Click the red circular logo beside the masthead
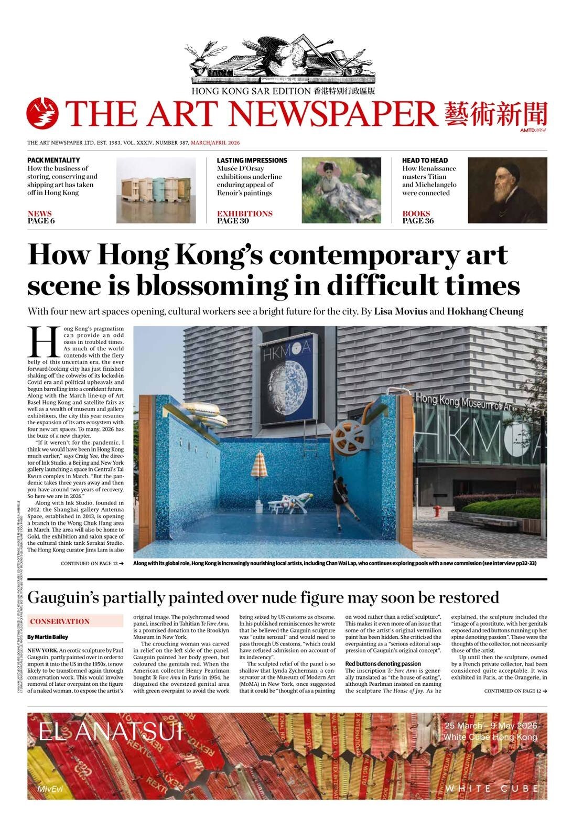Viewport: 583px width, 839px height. point(42,113)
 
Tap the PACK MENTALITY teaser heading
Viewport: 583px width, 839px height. point(53,160)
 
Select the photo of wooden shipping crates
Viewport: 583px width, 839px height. point(156,191)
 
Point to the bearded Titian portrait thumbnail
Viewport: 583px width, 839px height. point(507,190)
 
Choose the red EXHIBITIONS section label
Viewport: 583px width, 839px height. point(245,213)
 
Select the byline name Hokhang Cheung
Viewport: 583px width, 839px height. point(485,311)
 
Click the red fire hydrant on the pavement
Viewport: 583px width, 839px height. point(436,511)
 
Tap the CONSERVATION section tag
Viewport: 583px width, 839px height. point(60,621)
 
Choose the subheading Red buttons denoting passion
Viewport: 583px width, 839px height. point(383,664)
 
